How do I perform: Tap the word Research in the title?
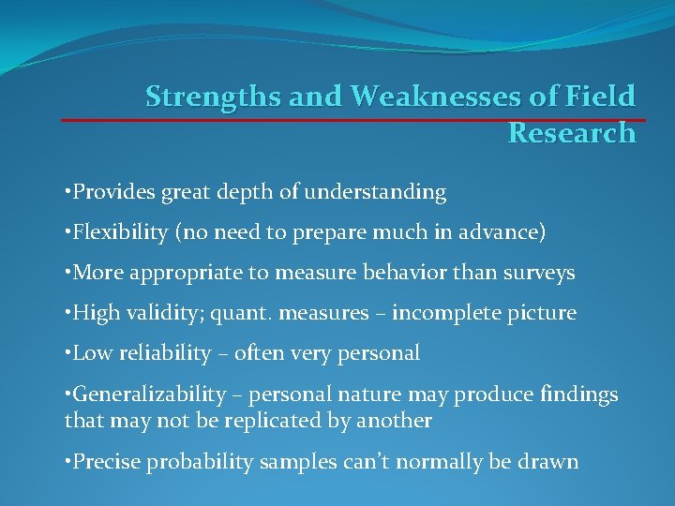coord(571,133)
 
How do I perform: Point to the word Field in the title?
coord(601,97)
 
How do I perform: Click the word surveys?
coord(539,274)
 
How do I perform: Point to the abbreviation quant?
coord(226,313)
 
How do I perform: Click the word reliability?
coord(159,353)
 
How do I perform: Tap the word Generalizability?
coord(149,394)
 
